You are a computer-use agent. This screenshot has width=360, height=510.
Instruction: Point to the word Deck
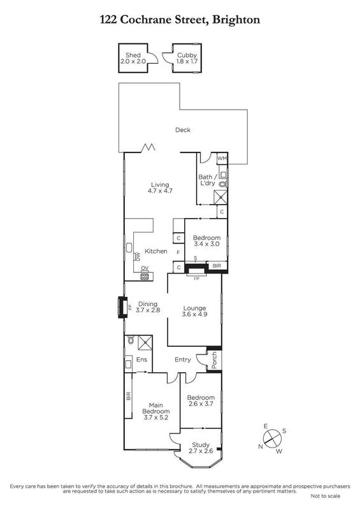(183, 130)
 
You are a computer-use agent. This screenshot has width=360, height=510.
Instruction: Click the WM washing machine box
(222, 158)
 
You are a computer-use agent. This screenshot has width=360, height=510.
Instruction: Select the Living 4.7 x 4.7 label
(160, 187)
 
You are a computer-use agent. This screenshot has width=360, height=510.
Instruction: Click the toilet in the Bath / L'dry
(223, 184)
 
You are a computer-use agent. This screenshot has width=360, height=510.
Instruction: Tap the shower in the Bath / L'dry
(220, 198)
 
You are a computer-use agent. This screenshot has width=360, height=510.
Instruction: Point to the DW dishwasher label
(138, 257)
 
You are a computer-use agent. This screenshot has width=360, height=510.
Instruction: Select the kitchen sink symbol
(129, 247)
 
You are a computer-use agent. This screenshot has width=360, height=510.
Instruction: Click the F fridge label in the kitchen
(178, 252)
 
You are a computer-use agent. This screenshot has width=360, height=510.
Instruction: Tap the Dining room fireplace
(122, 307)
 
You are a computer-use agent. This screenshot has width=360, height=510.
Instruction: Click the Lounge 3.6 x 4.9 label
(194, 311)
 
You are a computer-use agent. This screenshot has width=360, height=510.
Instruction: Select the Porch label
(214, 360)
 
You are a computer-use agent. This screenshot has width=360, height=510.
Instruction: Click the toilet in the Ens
(131, 340)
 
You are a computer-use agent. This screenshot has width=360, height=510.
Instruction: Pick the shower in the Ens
(145, 342)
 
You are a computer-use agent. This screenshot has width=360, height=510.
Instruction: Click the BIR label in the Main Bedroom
(129, 396)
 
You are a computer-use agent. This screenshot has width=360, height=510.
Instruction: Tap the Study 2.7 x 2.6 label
(201, 448)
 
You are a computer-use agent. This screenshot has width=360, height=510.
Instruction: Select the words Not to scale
(325, 496)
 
